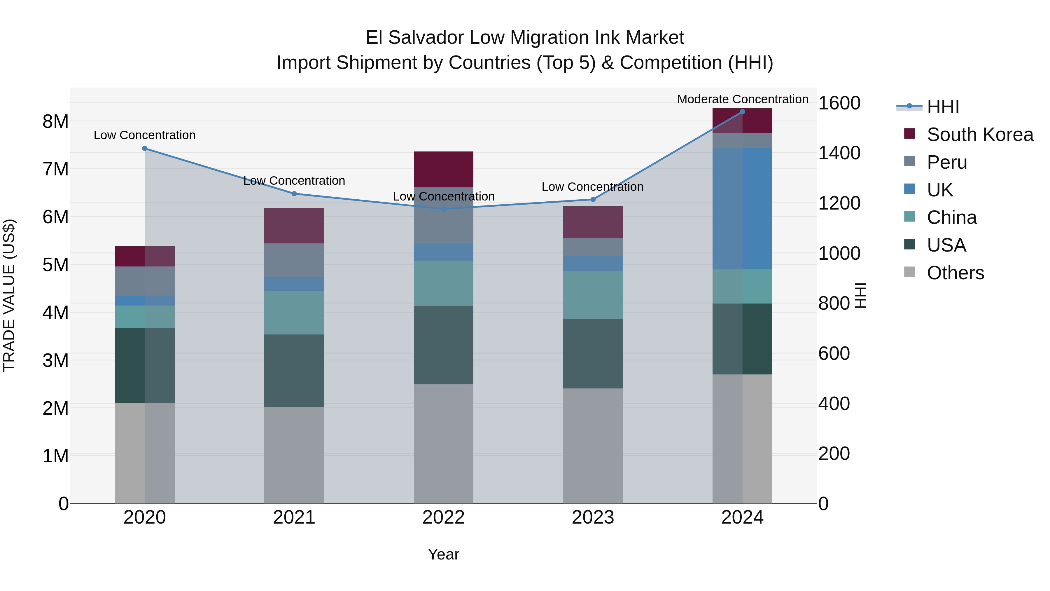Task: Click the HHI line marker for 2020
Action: pos(145,149)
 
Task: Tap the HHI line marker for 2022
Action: pos(443,209)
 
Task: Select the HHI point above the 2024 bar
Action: pos(742,112)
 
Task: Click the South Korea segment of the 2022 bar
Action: pos(443,169)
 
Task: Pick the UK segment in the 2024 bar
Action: pos(742,208)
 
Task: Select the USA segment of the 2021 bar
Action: pos(294,370)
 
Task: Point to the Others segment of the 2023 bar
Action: pos(593,445)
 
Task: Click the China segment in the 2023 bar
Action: pos(593,294)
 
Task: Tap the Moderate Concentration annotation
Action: pos(742,99)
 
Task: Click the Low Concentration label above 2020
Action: pos(145,135)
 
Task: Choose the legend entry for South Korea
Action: pos(980,135)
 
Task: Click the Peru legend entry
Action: pos(946,162)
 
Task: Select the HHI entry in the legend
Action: pos(942,107)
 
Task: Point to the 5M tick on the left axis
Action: pos(55,265)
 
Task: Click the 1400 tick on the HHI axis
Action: pos(839,153)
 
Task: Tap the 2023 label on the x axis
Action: pos(593,517)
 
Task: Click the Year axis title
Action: pos(443,554)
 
